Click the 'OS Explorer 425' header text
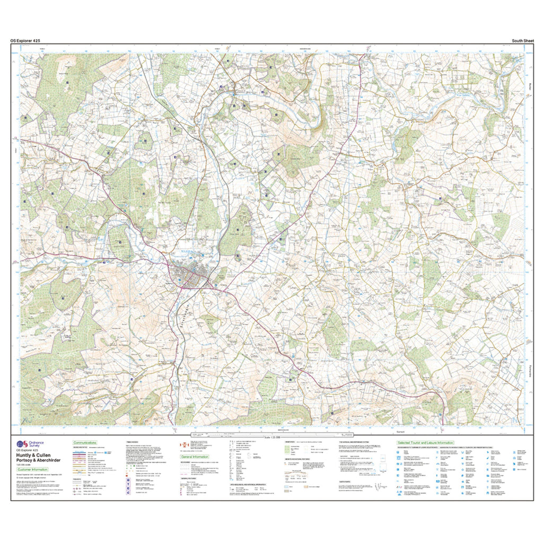click(x=25, y=40)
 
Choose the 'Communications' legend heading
click(x=85, y=442)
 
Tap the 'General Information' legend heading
click(x=195, y=456)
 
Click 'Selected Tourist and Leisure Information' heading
click(x=425, y=442)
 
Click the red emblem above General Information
click(x=184, y=444)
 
